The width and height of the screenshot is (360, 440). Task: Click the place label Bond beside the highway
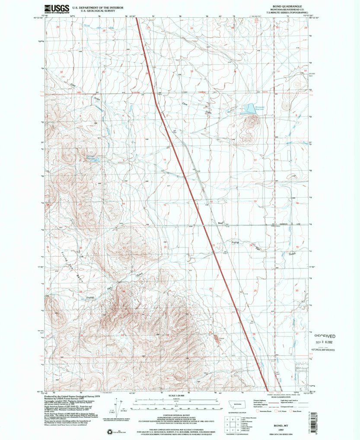(x=220, y=223)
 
